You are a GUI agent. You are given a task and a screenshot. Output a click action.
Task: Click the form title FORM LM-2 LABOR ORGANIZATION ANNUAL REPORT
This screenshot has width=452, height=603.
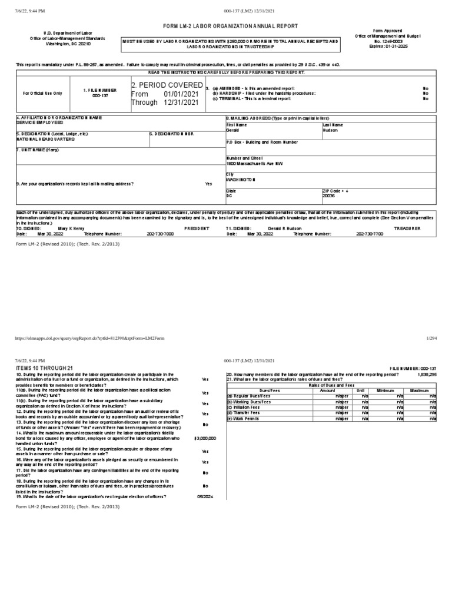[226, 26]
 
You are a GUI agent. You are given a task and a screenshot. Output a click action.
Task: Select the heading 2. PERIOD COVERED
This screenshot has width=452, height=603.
[167, 85]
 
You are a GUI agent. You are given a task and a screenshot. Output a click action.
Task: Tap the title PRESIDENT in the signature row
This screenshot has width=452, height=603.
[197, 227]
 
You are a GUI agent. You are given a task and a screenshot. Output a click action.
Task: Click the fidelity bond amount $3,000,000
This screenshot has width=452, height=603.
[205, 438]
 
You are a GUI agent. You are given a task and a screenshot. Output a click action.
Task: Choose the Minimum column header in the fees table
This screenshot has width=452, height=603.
[385, 390]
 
